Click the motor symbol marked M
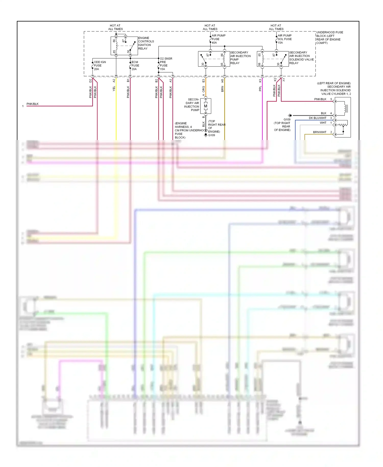[206, 106]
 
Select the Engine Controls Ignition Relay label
[146, 43]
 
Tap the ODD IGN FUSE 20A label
[100, 66]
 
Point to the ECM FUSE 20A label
[135, 66]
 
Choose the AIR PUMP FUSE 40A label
[218, 39]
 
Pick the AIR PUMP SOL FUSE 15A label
[284, 39]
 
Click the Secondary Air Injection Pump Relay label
[240, 58]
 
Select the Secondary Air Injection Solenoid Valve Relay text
[301, 58]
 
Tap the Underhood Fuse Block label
[329, 38]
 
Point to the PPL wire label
[260, 88]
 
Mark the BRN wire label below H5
[222, 89]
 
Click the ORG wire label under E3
[204, 89]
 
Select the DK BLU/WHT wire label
[317, 118]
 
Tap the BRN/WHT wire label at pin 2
[319, 132]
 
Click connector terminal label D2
[90, 81]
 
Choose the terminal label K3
[260, 81]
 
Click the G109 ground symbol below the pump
[206, 135]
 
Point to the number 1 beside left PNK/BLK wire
[23, 106]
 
